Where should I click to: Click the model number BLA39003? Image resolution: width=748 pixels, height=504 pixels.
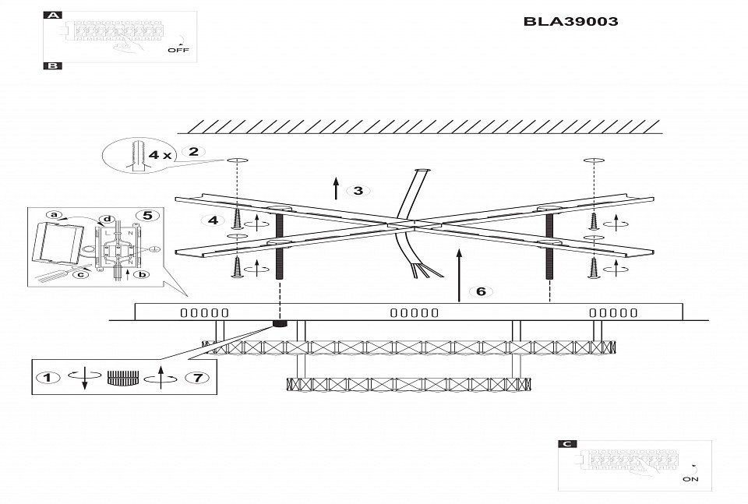[571, 22]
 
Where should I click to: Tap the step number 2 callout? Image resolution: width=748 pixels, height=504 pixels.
[194, 152]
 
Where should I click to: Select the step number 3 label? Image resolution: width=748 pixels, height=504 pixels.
[358, 191]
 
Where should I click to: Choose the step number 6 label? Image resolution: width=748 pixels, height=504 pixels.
[481, 291]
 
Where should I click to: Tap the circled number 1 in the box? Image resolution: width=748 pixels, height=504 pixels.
[48, 379]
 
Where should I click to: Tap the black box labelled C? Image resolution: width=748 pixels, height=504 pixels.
[569, 444]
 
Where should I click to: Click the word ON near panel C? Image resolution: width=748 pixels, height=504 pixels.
[690, 480]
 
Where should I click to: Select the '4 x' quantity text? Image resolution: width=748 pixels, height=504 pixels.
[161, 155]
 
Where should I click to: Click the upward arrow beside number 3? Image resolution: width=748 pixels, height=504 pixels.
[336, 189]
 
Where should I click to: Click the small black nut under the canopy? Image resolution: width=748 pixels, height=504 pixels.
[277, 323]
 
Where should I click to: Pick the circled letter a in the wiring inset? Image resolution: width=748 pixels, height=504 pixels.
[54, 214]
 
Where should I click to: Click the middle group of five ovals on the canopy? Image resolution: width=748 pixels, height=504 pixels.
[414, 313]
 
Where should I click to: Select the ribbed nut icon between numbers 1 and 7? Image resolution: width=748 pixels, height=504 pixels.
[122, 379]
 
